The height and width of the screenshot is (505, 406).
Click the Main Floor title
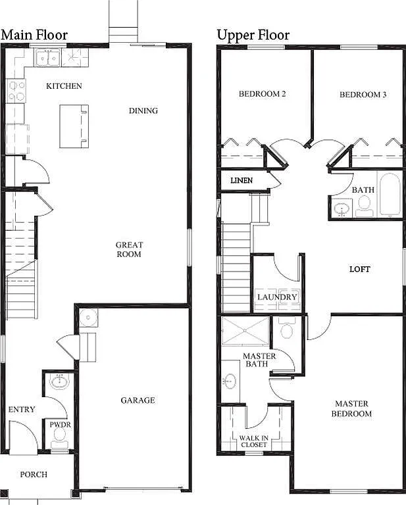tap(34, 35)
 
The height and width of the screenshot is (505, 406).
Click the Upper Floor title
tap(253, 35)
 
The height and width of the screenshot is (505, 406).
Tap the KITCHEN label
tap(64, 86)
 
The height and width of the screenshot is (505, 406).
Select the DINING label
tap(143, 110)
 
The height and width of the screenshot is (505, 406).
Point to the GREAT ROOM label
tap(130, 249)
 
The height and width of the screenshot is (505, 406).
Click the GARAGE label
tap(138, 400)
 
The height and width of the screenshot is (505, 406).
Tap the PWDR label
tap(60, 425)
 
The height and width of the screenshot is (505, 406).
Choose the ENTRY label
tap(22, 410)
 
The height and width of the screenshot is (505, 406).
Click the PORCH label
tap(34, 474)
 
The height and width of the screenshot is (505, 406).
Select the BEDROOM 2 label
tap(262, 94)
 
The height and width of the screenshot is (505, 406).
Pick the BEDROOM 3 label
tap(363, 95)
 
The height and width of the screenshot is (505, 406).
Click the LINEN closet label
tap(241, 180)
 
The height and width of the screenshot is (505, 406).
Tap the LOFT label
tap(359, 269)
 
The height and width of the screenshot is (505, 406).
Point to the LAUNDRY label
tap(277, 297)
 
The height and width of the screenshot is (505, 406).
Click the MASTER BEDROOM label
tap(353, 408)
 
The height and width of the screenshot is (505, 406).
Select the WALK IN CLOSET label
tap(253, 441)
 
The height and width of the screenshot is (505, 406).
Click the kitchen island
tap(74, 126)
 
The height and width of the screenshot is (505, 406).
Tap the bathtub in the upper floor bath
tap(389, 194)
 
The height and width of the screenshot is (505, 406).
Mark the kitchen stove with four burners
tap(16, 91)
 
